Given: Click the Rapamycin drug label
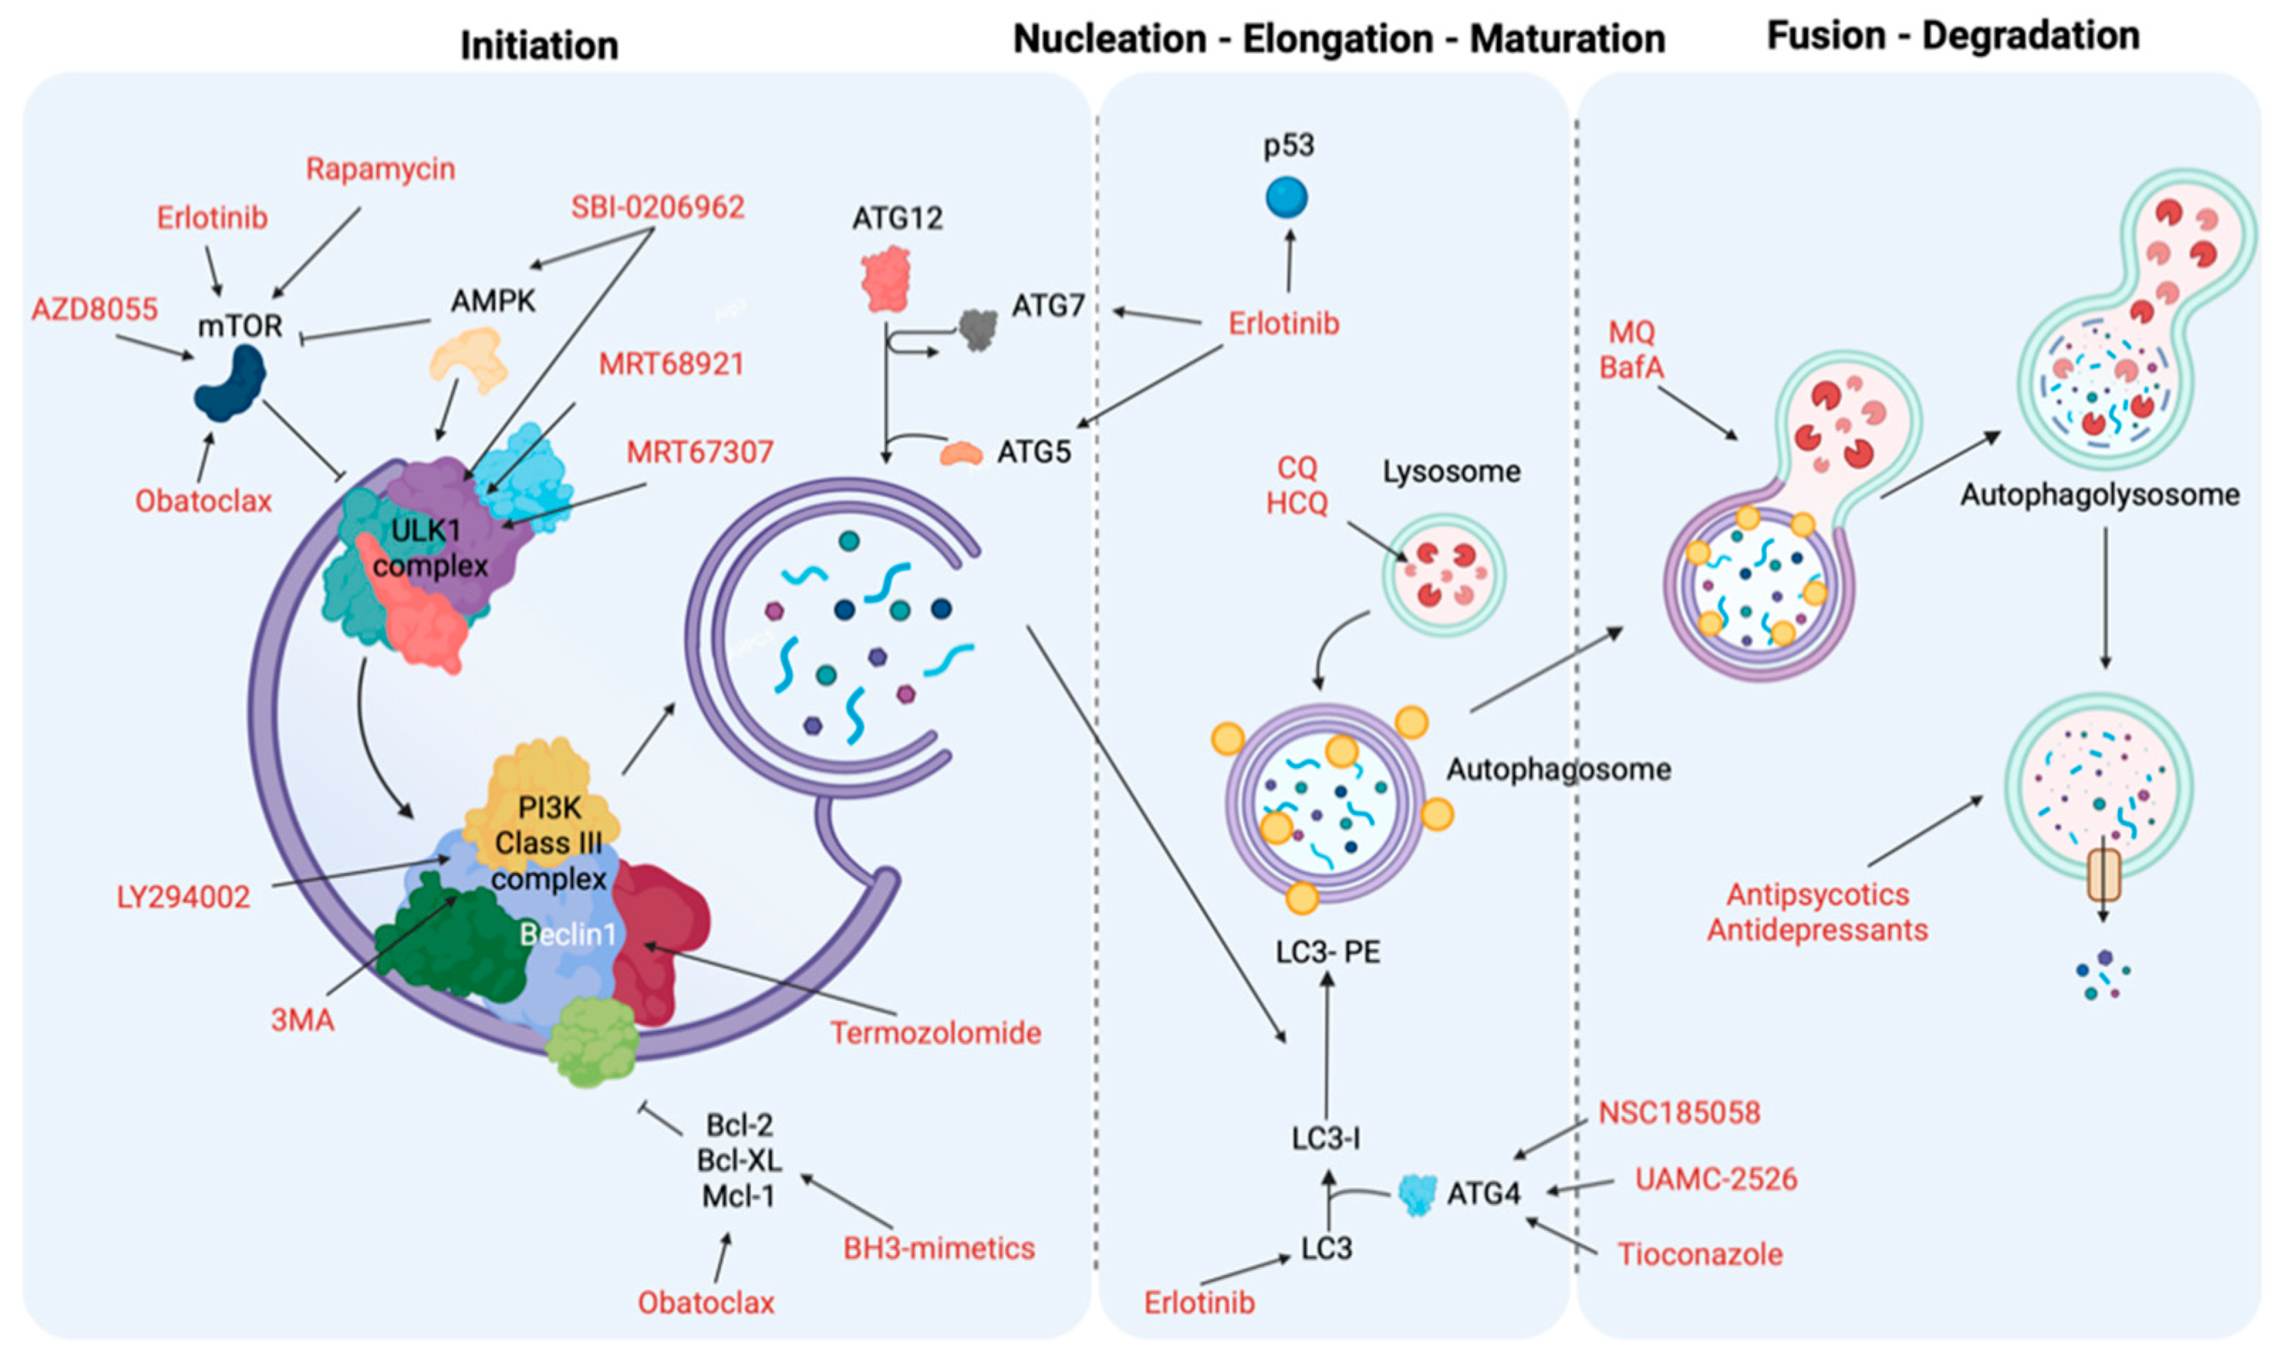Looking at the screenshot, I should pyautogui.click(x=380, y=169).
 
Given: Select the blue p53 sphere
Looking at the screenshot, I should pyautogui.click(x=1287, y=197).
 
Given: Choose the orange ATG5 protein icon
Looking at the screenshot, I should pyautogui.click(x=961, y=452).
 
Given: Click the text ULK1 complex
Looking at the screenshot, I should pyautogui.click(x=428, y=547).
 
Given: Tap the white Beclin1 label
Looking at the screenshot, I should pyautogui.click(x=568, y=934).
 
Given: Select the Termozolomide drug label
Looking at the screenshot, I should pyautogui.click(x=935, y=1033).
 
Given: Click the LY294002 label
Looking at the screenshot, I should pyautogui.click(x=183, y=896).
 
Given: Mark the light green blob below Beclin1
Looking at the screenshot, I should pyautogui.click(x=592, y=1041).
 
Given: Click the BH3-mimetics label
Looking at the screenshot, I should pyautogui.click(x=939, y=1248).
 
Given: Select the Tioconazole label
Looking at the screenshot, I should pyautogui.click(x=1699, y=1254).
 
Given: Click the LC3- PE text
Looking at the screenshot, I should pyautogui.click(x=1328, y=951).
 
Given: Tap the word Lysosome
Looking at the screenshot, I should pyautogui.click(x=1452, y=471).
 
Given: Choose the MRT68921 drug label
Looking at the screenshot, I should pyautogui.click(x=671, y=364).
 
